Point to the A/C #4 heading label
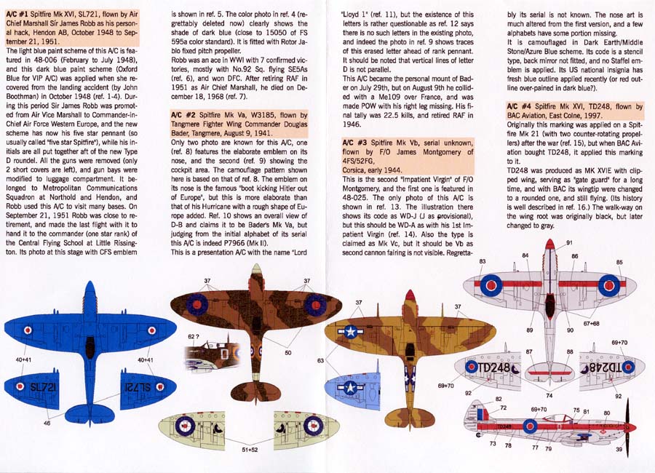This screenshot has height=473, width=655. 519,107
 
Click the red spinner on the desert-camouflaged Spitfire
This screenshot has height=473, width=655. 410,295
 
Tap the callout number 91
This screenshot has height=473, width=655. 569,242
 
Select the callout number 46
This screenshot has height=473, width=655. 47,422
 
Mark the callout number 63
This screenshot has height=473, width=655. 321,359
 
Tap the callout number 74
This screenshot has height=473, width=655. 549,395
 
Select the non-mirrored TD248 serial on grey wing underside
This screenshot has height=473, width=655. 496,368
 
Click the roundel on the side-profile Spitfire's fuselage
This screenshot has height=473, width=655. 530,426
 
